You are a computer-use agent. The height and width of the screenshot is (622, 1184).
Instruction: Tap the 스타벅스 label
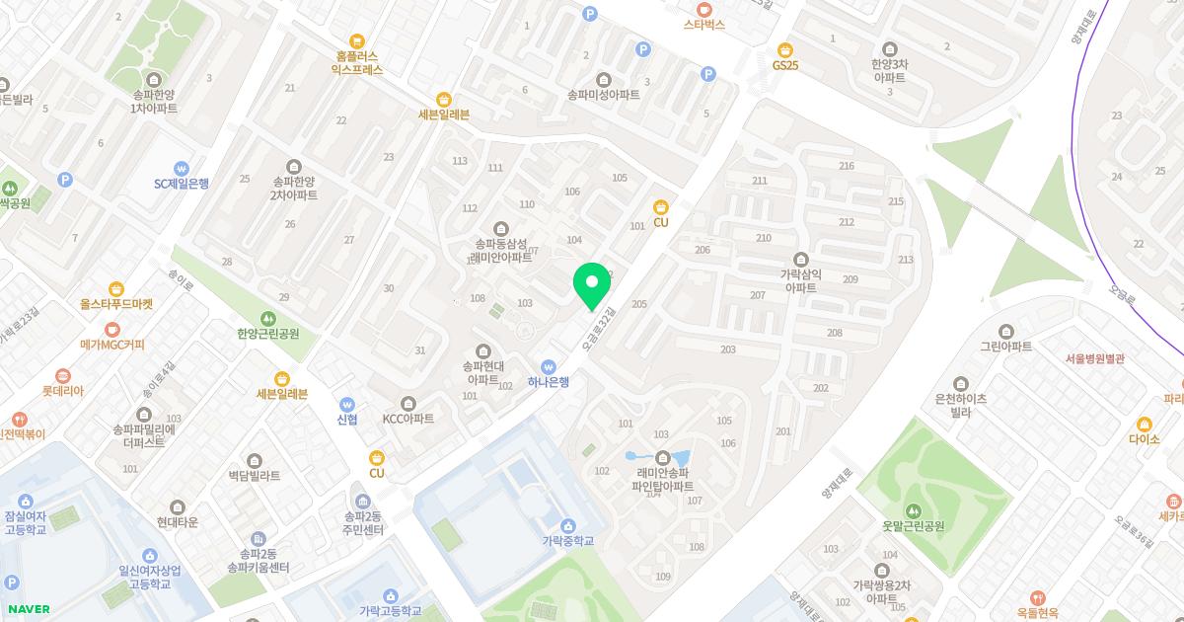point(704,25)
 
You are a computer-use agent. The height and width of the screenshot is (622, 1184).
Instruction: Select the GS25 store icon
point(785,49)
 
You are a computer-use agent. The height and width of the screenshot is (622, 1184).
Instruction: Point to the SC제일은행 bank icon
point(182,168)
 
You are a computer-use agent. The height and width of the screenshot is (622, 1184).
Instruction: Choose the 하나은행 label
point(549,382)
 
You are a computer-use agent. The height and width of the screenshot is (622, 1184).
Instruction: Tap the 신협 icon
point(347,404)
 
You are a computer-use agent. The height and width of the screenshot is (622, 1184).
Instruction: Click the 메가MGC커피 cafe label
point(112,346)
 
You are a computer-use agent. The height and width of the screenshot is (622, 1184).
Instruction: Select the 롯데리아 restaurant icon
point(63,375)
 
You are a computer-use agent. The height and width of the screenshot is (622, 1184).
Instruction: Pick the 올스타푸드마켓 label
point(116,305)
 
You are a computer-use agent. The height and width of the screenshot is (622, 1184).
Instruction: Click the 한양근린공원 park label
point(268,334)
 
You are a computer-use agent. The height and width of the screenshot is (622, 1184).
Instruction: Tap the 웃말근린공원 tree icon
point(913,510)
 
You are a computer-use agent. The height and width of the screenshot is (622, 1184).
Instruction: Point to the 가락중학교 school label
point(568,541)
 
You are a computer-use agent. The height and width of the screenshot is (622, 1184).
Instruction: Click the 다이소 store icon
point(1145,425)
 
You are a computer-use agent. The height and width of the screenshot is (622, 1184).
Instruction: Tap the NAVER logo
point(28,609)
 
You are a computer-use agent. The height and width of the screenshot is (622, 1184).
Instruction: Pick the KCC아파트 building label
point(408,419)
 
